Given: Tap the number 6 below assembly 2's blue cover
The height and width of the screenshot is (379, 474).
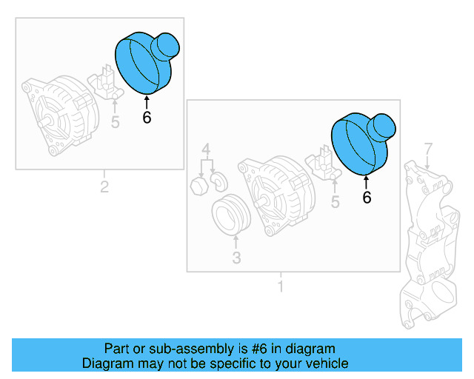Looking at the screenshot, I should [147, 117].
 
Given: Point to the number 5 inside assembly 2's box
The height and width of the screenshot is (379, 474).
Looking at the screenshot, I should [115, 121].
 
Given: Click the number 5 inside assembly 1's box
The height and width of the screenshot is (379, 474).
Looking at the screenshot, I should [336, 201].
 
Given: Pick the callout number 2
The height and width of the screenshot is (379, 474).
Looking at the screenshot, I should [104, 187].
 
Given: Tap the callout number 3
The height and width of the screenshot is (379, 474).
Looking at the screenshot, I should [236, 258].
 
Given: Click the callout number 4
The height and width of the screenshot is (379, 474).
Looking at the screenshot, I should [207, 148].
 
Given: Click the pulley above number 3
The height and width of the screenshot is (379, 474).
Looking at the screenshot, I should [230, 215].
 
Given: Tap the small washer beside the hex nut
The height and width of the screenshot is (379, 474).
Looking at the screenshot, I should [219, 180].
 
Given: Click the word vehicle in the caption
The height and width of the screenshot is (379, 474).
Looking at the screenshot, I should [324, 364].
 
